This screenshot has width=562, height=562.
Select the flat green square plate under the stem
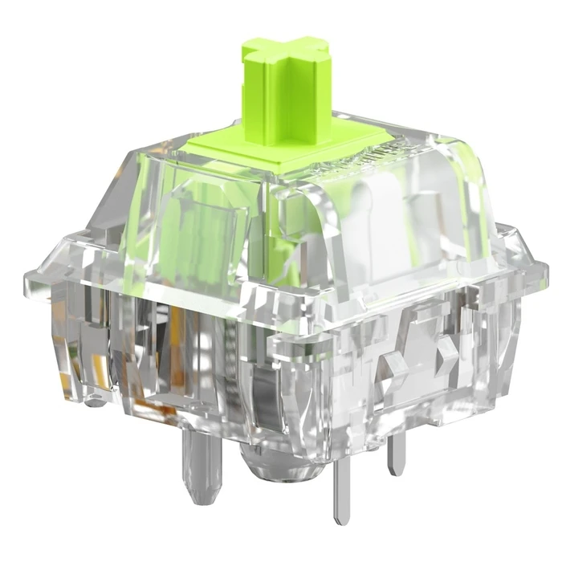[x=265, y=149]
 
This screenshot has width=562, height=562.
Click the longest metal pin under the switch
[x=342, y=482]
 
